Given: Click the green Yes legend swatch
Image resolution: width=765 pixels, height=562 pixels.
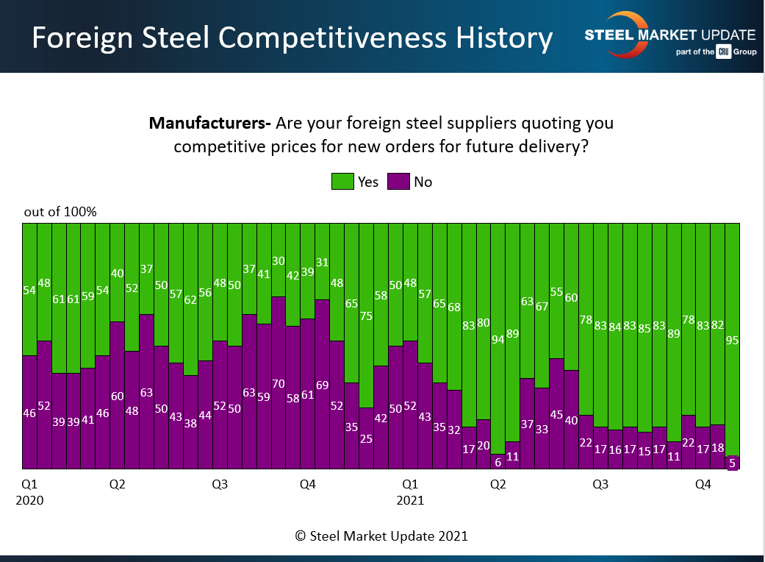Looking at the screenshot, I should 342,181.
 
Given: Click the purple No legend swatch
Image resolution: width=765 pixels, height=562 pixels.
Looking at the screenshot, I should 398,181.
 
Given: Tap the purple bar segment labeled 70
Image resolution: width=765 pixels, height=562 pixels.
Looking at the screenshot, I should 279,383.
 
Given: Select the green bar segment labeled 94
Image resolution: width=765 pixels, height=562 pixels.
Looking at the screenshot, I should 498,338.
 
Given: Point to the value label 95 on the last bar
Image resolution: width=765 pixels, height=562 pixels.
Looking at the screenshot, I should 732,341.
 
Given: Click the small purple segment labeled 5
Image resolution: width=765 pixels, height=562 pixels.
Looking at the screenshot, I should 732,463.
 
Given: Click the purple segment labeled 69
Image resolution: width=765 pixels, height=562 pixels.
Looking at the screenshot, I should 322,384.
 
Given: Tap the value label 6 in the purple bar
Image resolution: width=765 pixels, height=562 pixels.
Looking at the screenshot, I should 498,462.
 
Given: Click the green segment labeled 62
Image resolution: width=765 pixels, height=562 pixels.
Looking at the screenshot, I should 190,299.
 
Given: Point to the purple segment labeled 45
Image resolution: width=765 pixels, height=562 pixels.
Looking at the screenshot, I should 556,413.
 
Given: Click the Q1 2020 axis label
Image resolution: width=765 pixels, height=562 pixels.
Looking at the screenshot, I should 29,492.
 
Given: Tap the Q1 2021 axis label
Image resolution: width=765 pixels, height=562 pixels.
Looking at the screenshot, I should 410,492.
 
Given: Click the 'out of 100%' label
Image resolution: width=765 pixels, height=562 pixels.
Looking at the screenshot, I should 60,212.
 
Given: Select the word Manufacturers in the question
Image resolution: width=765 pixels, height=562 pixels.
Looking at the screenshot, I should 210,123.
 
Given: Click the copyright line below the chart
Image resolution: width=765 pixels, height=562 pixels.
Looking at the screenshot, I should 381,536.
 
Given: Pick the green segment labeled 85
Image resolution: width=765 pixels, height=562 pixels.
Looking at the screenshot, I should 644,327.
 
